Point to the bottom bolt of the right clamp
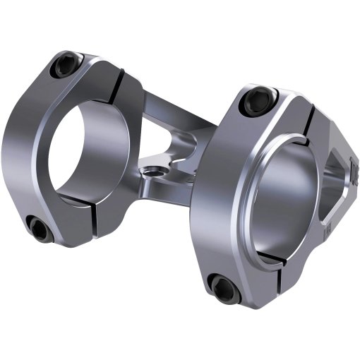223,287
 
